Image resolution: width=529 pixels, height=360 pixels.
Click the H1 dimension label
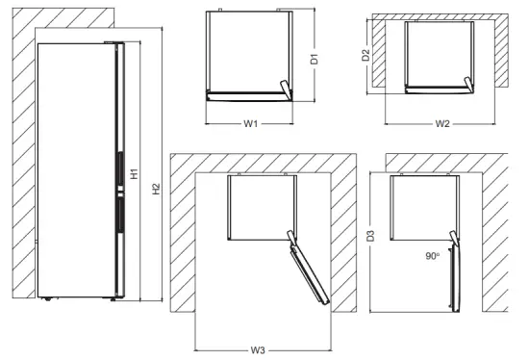[134, 175]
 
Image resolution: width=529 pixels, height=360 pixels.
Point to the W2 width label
[442, 123]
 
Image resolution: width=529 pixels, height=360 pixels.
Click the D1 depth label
[314, 58]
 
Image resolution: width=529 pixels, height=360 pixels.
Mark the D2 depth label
[365, 56]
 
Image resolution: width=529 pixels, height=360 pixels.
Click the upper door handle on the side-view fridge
[118, 169]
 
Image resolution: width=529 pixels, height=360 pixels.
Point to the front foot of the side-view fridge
[113, 297]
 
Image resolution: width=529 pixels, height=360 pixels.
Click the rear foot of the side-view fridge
[47, 297]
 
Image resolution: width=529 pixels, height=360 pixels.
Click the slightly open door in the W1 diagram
[282, 89]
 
